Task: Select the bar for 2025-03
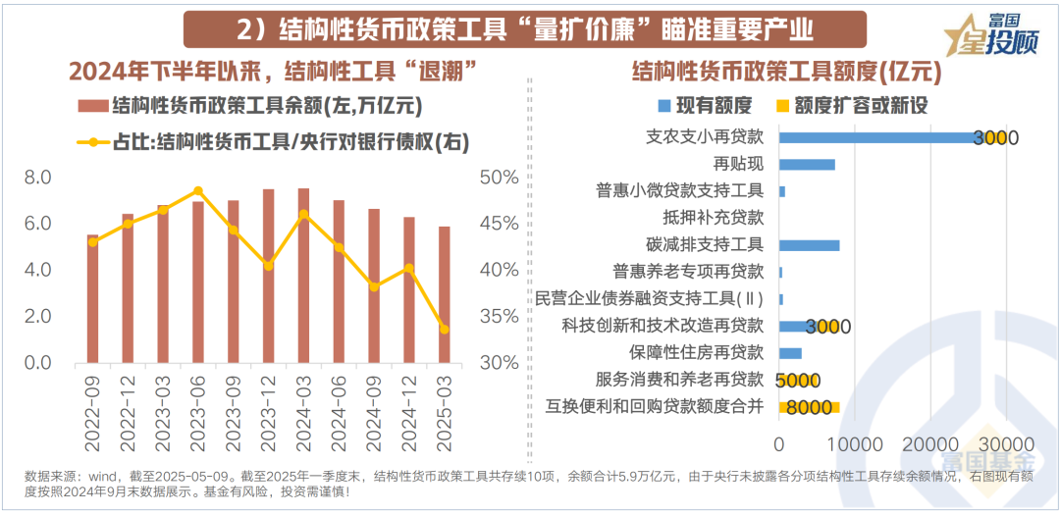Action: click(445, 294)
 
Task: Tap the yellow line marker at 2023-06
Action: click(197, 191)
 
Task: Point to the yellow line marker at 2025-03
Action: click(445, 330)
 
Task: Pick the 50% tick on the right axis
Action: click(500, 178)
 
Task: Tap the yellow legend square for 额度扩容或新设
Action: click(782, 105)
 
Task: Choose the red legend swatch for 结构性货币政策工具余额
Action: click(90, 105)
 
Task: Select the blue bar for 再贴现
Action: click(807, 164)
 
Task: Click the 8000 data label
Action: click(809, 407)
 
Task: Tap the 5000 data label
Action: click(797, 381)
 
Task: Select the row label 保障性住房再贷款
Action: click(696, 353)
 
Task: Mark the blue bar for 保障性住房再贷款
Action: click(790, 353)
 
